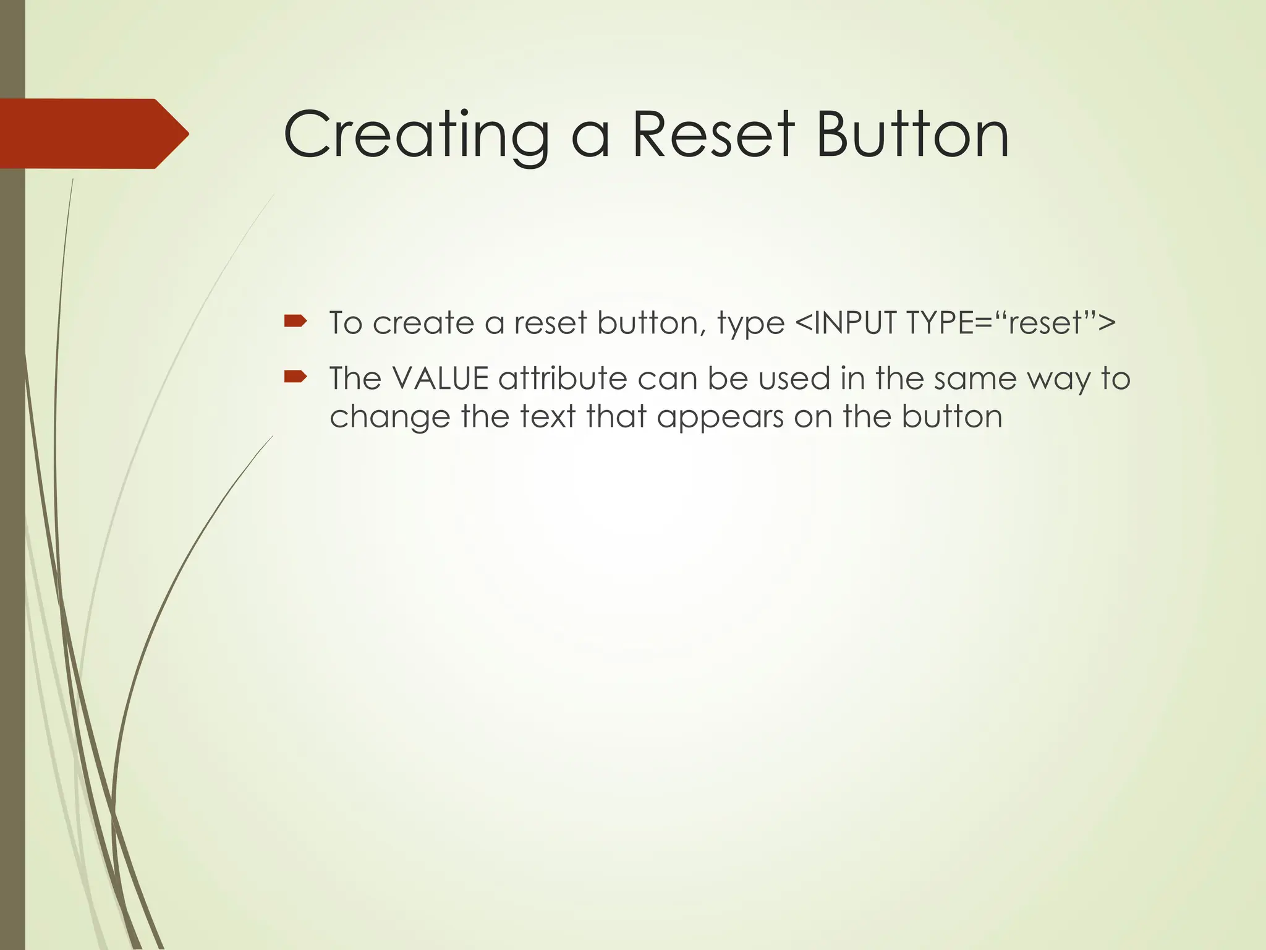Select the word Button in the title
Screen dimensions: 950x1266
(912, 135)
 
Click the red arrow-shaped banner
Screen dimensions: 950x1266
(93, 134)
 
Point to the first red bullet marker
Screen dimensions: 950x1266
(295, 321)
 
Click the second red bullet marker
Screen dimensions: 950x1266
(295, 376)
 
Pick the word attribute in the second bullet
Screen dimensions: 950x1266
(563, 379)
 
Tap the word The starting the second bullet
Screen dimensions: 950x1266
(355, 379)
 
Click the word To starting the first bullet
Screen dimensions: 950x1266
(346, 323)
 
